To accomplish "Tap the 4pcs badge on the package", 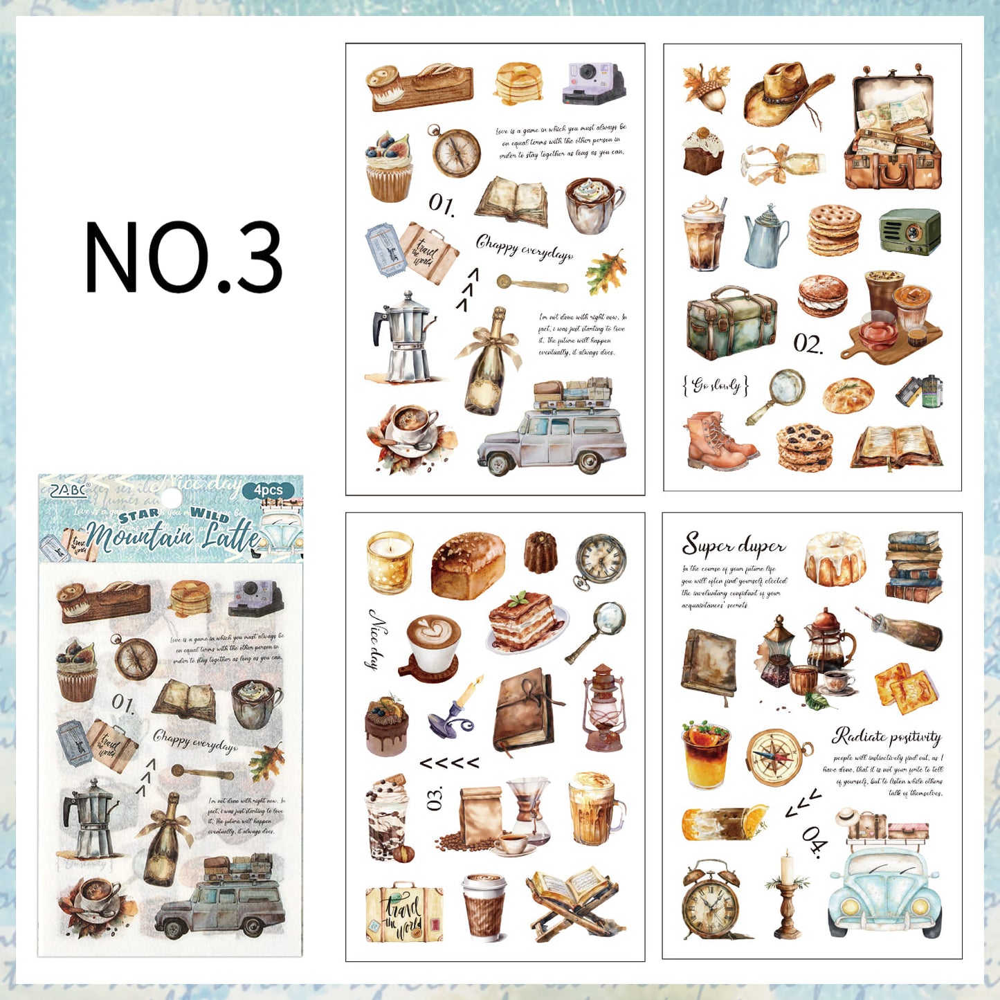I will pyautogui.click(x=268, y=490).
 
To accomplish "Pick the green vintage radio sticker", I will pyautogui.click(x=910, y=232).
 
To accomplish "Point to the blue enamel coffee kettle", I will pyautogui.click(x=765, y=237).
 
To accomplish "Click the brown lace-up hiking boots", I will pyautogui.click(x=718, y=442).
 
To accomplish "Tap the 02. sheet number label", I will pyautogui.click(x=808, y=344).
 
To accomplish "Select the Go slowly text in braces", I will pyautogui.click(x=716, y=385).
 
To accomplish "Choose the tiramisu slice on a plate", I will pyautogui.click(x=526, y=621).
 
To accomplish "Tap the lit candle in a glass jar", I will pyautogui.click(x=390, y=563).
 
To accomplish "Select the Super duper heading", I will pyautogui.click(x=734, y=545).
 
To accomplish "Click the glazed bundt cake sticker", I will pyautogui.click(x=836, y=559).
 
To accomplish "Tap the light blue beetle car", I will pyautogui.click(x=884, y=893).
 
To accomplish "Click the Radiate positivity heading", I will pyautogui.click(x=887, y=736).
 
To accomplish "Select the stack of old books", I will pyautogui.click(x=913, y=565).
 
